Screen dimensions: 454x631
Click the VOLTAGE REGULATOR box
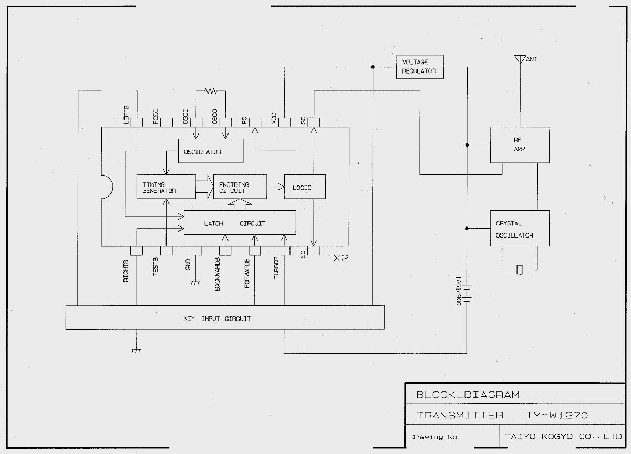point(419,67)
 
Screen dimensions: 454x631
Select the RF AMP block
point(519,145)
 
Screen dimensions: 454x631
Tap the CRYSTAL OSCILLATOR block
point(519,229)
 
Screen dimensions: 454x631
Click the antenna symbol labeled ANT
point(519,58)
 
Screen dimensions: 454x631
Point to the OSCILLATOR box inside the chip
point(211,152)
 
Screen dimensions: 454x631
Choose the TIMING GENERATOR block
point(166,187)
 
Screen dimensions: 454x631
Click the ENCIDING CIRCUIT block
point(239,187)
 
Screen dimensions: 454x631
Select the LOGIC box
point(304,187)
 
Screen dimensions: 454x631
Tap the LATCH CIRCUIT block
point(239,223)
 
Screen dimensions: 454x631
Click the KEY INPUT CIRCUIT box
point(224,318)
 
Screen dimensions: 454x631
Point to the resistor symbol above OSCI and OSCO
point(211,91)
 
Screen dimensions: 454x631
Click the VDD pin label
point(274,119)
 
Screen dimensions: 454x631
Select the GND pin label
point(188,264)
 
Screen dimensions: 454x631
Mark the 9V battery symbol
point(466,292)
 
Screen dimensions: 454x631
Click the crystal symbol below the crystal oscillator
point(520,270)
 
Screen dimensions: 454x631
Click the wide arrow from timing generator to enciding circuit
point(204,187)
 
